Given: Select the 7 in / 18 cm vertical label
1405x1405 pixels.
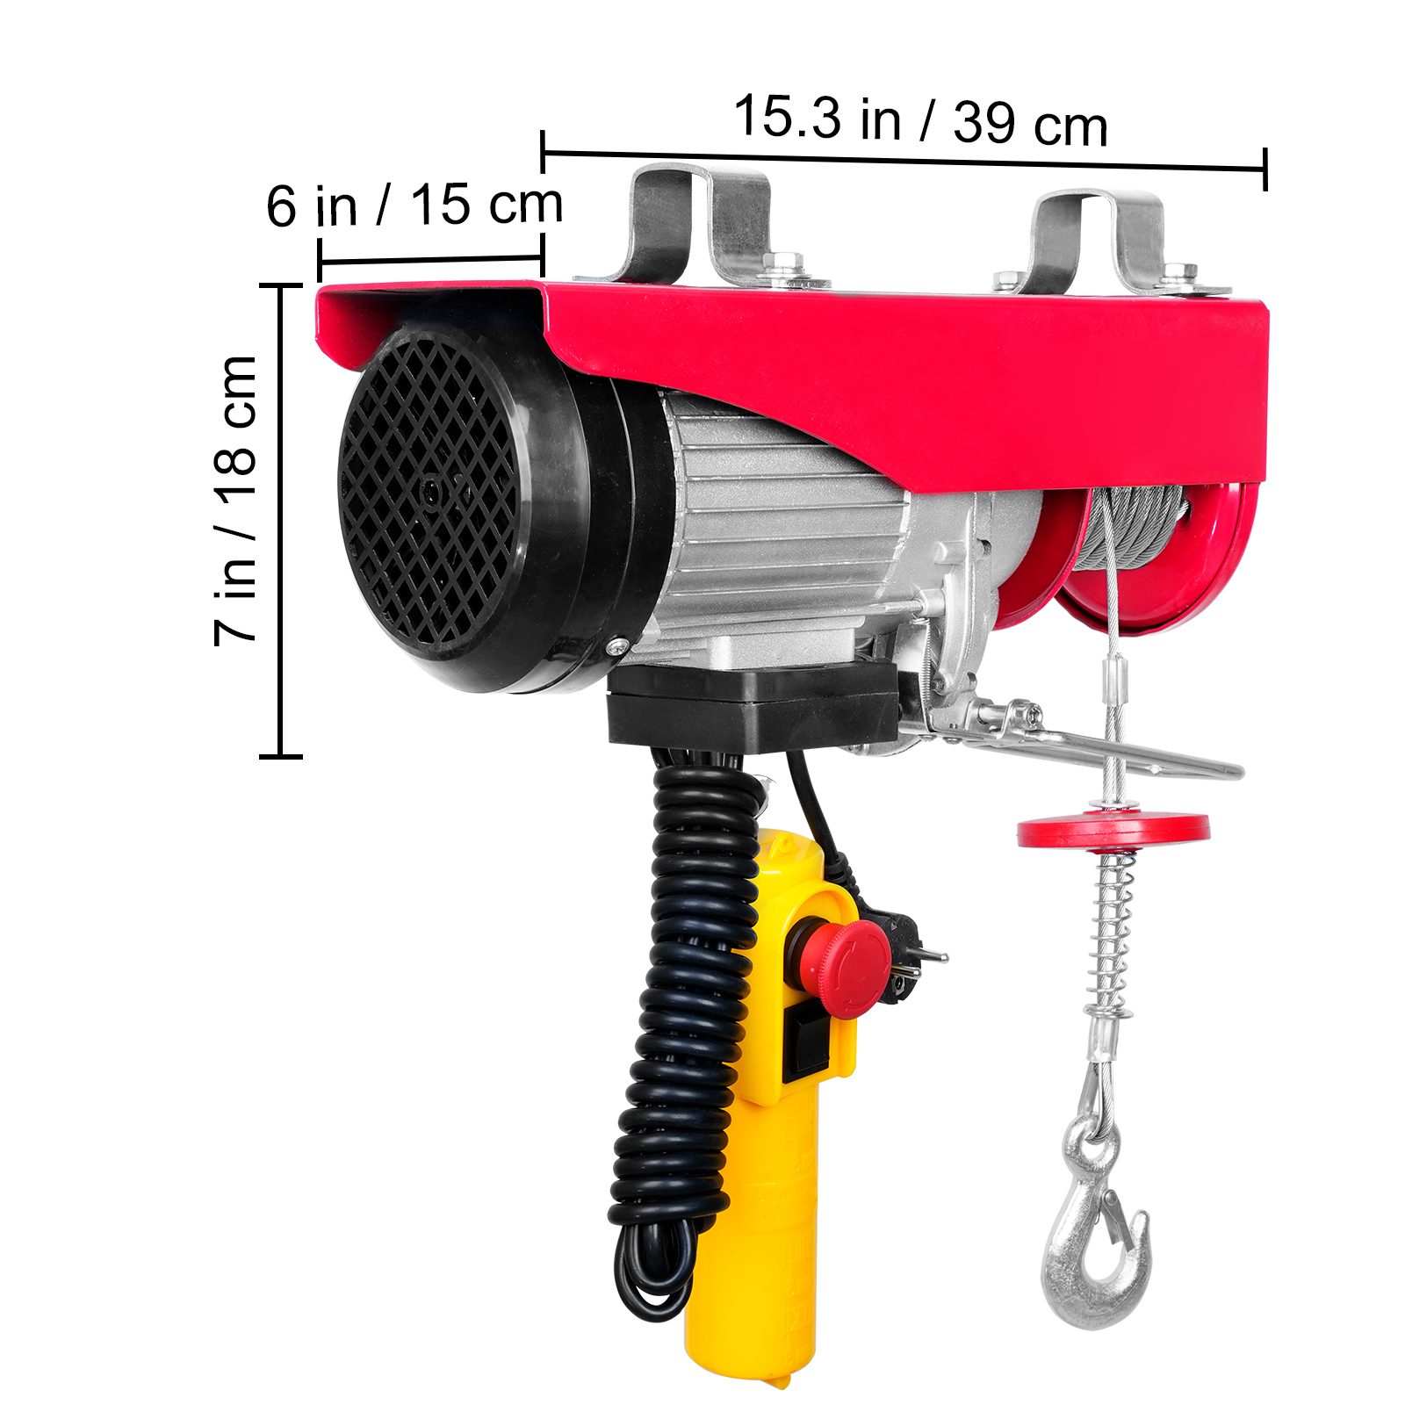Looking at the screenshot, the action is pos(235,501).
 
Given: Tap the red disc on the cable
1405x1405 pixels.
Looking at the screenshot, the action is pos(1113,830).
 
